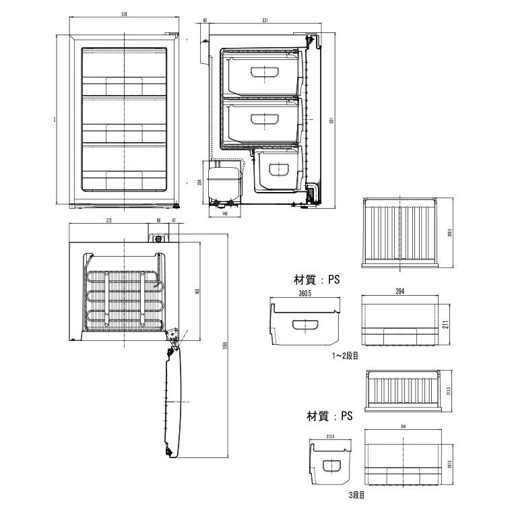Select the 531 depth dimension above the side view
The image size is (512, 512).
click(267, 21)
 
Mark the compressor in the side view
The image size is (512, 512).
click(223, 181)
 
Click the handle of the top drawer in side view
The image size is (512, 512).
click(261, 73)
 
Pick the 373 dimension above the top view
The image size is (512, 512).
click(108, 220)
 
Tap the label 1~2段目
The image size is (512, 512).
click(345, 356)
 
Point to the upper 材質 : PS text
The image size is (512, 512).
click(315, 279)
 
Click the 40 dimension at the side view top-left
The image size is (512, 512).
click(204, 21)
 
